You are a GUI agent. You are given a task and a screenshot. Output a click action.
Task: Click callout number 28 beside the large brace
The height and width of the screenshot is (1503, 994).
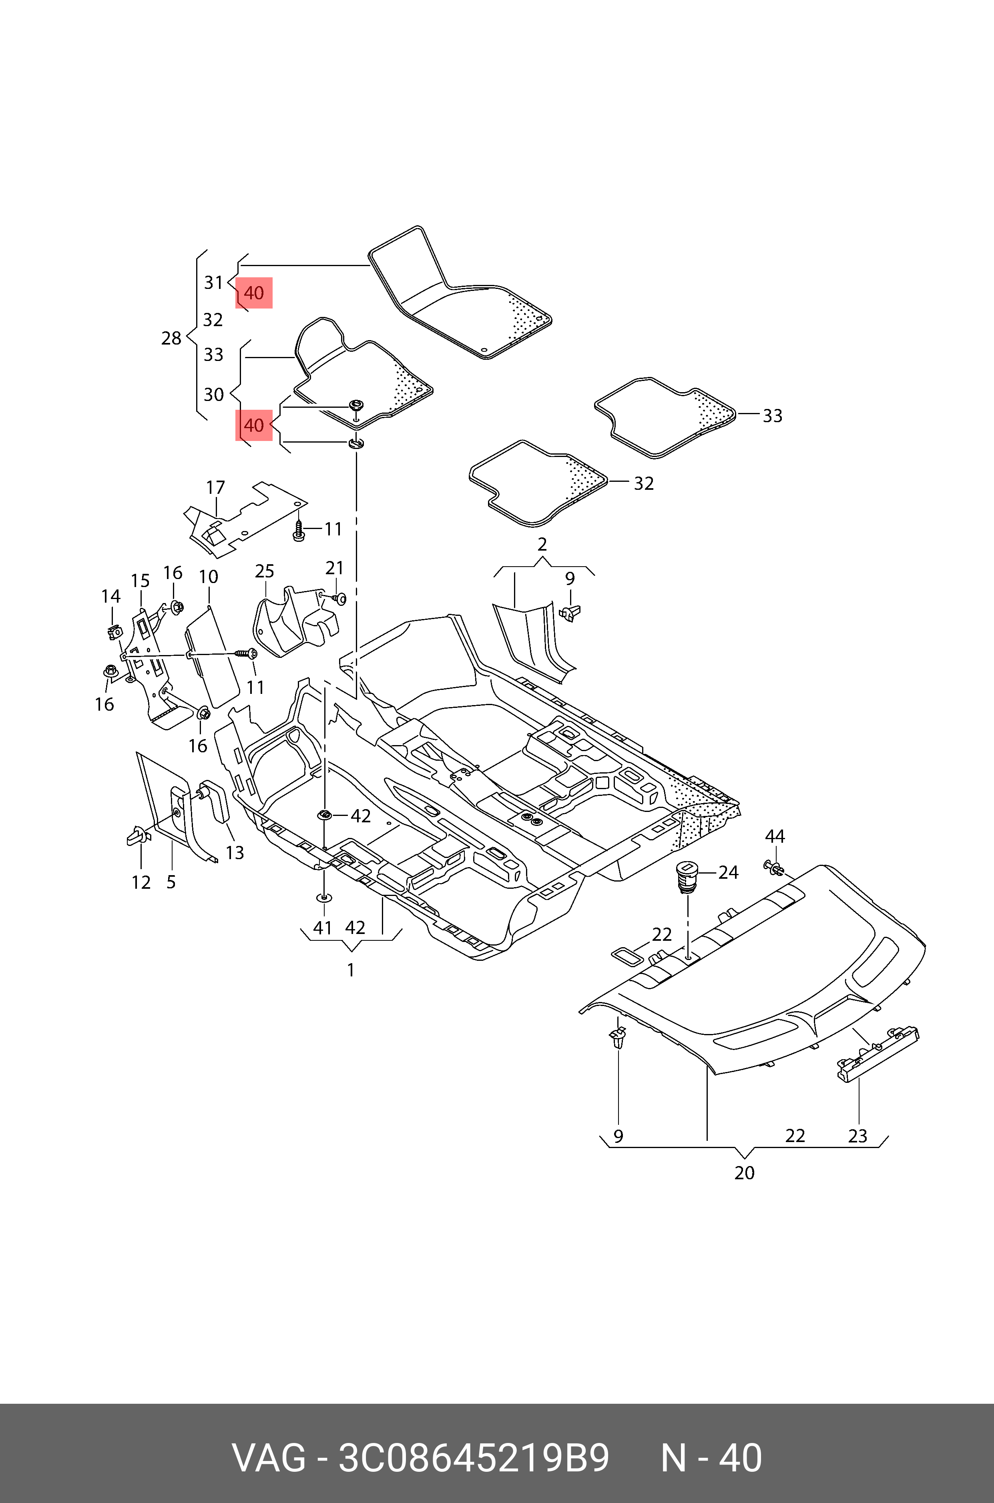point(171,339)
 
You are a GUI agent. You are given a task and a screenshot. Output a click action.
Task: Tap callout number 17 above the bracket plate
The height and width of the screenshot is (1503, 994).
point(215,487)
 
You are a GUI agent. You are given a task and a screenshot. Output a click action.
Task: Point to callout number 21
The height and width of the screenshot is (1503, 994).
point(335,568)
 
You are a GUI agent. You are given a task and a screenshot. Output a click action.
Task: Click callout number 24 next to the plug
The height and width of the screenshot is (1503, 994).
point(728,872)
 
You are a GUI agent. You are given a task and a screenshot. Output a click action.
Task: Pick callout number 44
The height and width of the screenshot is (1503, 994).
point(775,836)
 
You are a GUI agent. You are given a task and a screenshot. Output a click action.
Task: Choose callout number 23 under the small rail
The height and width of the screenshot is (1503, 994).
point(858,1136)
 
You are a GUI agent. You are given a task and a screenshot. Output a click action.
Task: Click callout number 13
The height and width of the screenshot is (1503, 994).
point(235,853)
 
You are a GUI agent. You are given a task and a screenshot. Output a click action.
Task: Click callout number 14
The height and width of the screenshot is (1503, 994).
point(111,596)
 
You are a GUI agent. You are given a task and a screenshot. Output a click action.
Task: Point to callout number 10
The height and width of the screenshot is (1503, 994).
point(209,577)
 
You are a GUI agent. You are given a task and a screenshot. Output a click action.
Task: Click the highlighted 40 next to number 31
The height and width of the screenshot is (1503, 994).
point(253,293)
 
